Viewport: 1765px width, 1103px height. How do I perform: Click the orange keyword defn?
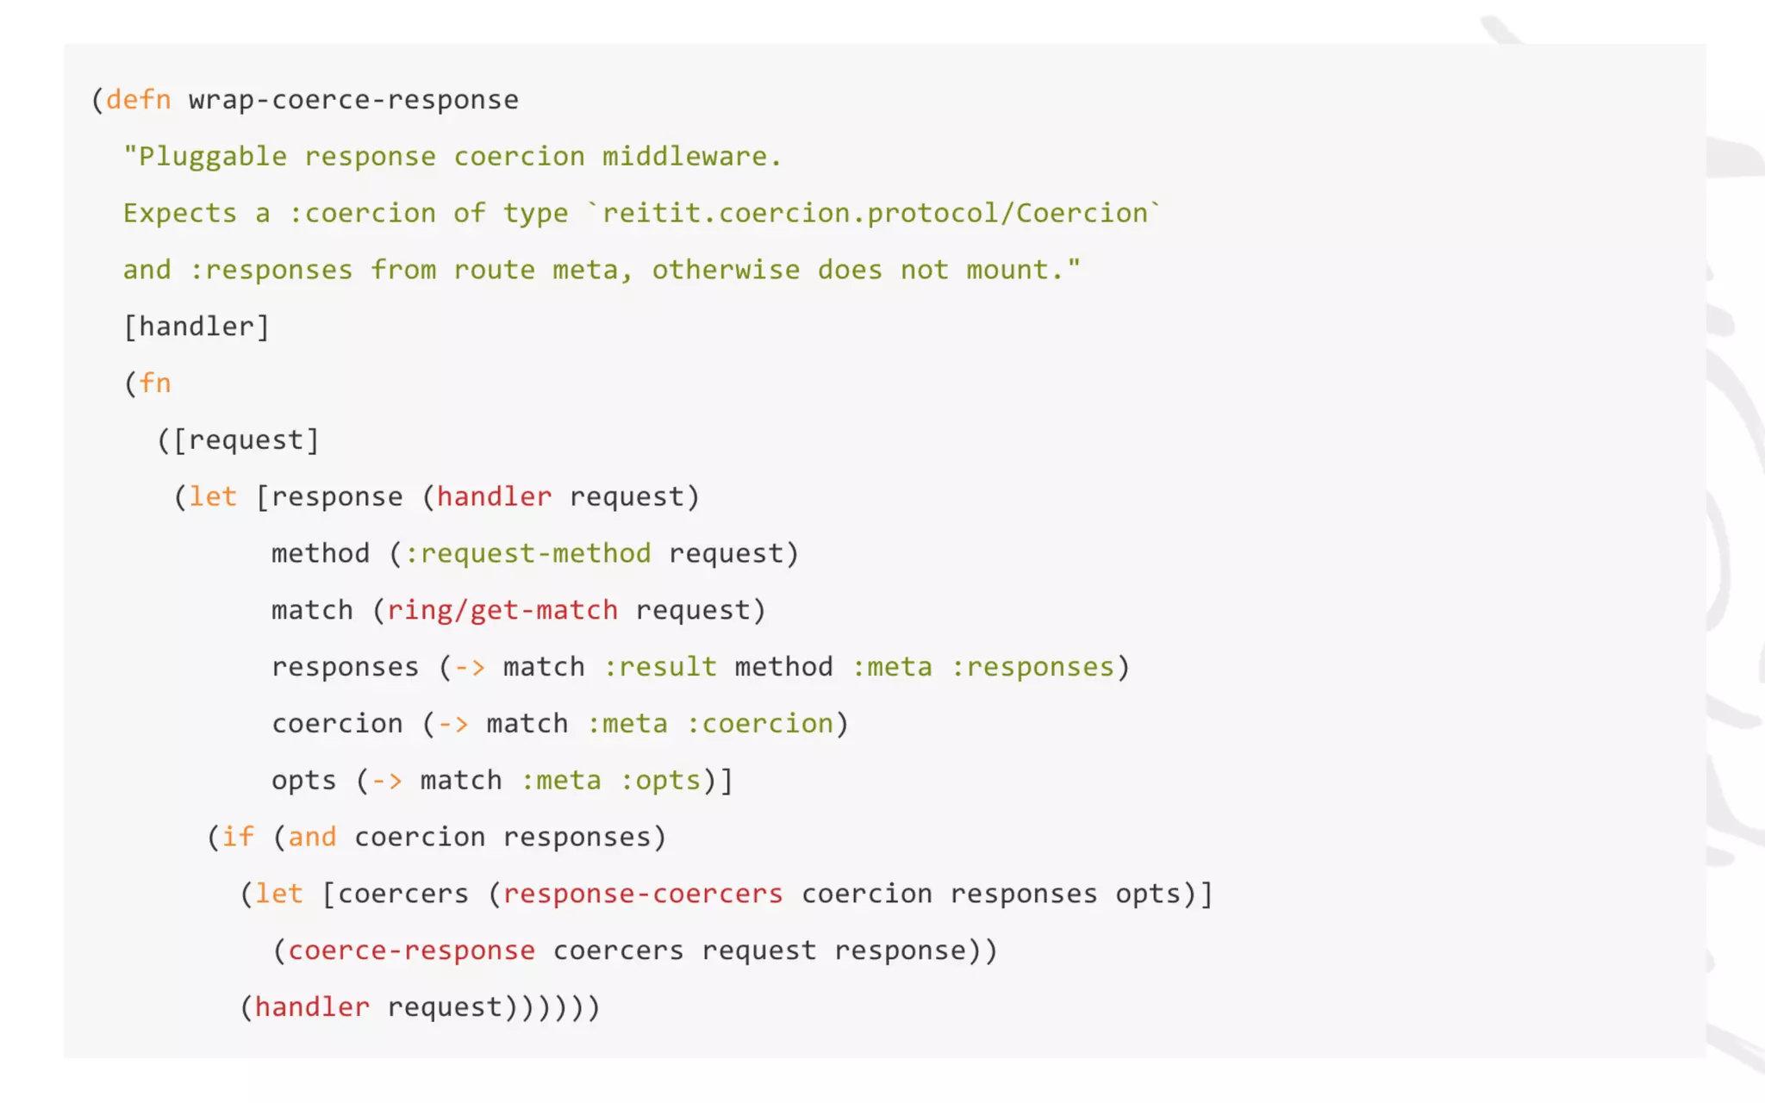(x=138, y=100)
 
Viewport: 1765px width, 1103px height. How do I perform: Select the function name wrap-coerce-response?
(x=353, y=100)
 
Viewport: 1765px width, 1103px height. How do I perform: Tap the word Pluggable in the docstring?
(x=212, y=157)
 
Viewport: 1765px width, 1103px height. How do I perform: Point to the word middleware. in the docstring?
(x=691, y=157)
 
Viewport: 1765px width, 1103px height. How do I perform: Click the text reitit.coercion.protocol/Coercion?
(x=875, y=213)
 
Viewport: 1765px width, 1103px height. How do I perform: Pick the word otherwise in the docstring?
(x=725, y=270)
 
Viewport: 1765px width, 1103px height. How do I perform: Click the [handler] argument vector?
(x=196, y=327)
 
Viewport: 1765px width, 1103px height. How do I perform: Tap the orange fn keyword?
(x=155, y=383)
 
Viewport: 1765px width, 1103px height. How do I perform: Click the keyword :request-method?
(x=527, y=553)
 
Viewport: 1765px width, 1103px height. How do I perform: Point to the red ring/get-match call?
(x=502, y=610)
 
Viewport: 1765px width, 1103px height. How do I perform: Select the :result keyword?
(x=659, y=667)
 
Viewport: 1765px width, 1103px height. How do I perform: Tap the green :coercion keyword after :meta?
(x=759, y=724)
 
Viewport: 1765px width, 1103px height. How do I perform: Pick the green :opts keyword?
(x=660, y=781)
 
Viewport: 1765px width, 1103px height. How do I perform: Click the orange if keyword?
(x=238, y=837)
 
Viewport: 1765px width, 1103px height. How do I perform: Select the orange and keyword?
(x=312, y=837)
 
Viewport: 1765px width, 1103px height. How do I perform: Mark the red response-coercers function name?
(x=643, y=894)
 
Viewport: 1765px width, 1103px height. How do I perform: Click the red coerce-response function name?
(x=411, y=950)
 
